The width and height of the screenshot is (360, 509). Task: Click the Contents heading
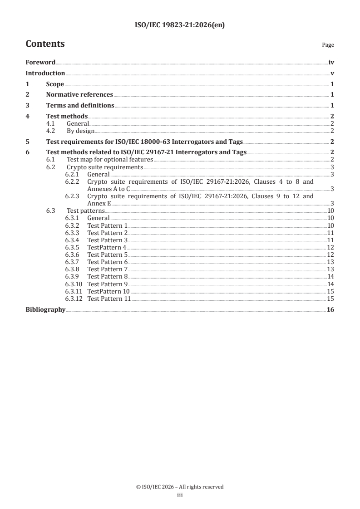tap(45, 44)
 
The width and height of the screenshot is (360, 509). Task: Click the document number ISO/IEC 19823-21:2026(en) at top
tap(180, 25)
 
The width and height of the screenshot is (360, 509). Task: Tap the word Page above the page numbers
tap(328, 45)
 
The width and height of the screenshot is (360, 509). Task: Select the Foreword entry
tap(40, 63)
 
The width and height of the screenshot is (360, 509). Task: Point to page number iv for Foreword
tap(331, 63)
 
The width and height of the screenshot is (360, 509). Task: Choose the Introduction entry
tap(45, 73)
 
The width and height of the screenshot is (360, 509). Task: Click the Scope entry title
tap(55, 84)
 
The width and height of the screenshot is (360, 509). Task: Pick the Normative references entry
tap(79, 95)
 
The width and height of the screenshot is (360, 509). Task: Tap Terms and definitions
tap(80, 106)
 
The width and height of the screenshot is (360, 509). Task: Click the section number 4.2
tap(51, 131)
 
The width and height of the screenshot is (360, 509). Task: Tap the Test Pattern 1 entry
tap(107, 225)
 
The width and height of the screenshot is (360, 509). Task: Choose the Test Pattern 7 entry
tap(107, 269)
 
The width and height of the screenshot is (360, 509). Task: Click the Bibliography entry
tap(45, 310)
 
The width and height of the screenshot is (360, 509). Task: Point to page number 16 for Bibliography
tap(330, 310)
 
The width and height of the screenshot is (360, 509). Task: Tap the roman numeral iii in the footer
tap(180, 496)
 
